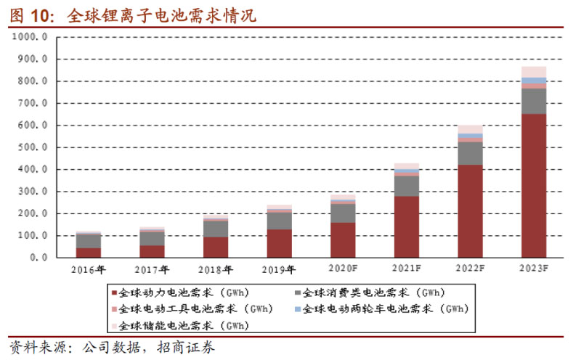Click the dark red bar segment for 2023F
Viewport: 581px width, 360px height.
coord(534,185)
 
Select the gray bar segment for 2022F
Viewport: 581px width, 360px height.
coord(470,152)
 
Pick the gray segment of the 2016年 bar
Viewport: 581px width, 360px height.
coord(89,241)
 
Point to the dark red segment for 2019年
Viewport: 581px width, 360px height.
coord(279,243)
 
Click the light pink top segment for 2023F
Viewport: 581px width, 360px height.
coord(534,71)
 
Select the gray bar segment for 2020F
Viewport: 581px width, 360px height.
coord(343,213)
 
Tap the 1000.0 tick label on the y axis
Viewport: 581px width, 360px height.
coord(30,36)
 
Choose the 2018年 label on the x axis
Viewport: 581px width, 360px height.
coord(216,271)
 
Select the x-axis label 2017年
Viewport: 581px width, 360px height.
coord(153,271)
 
